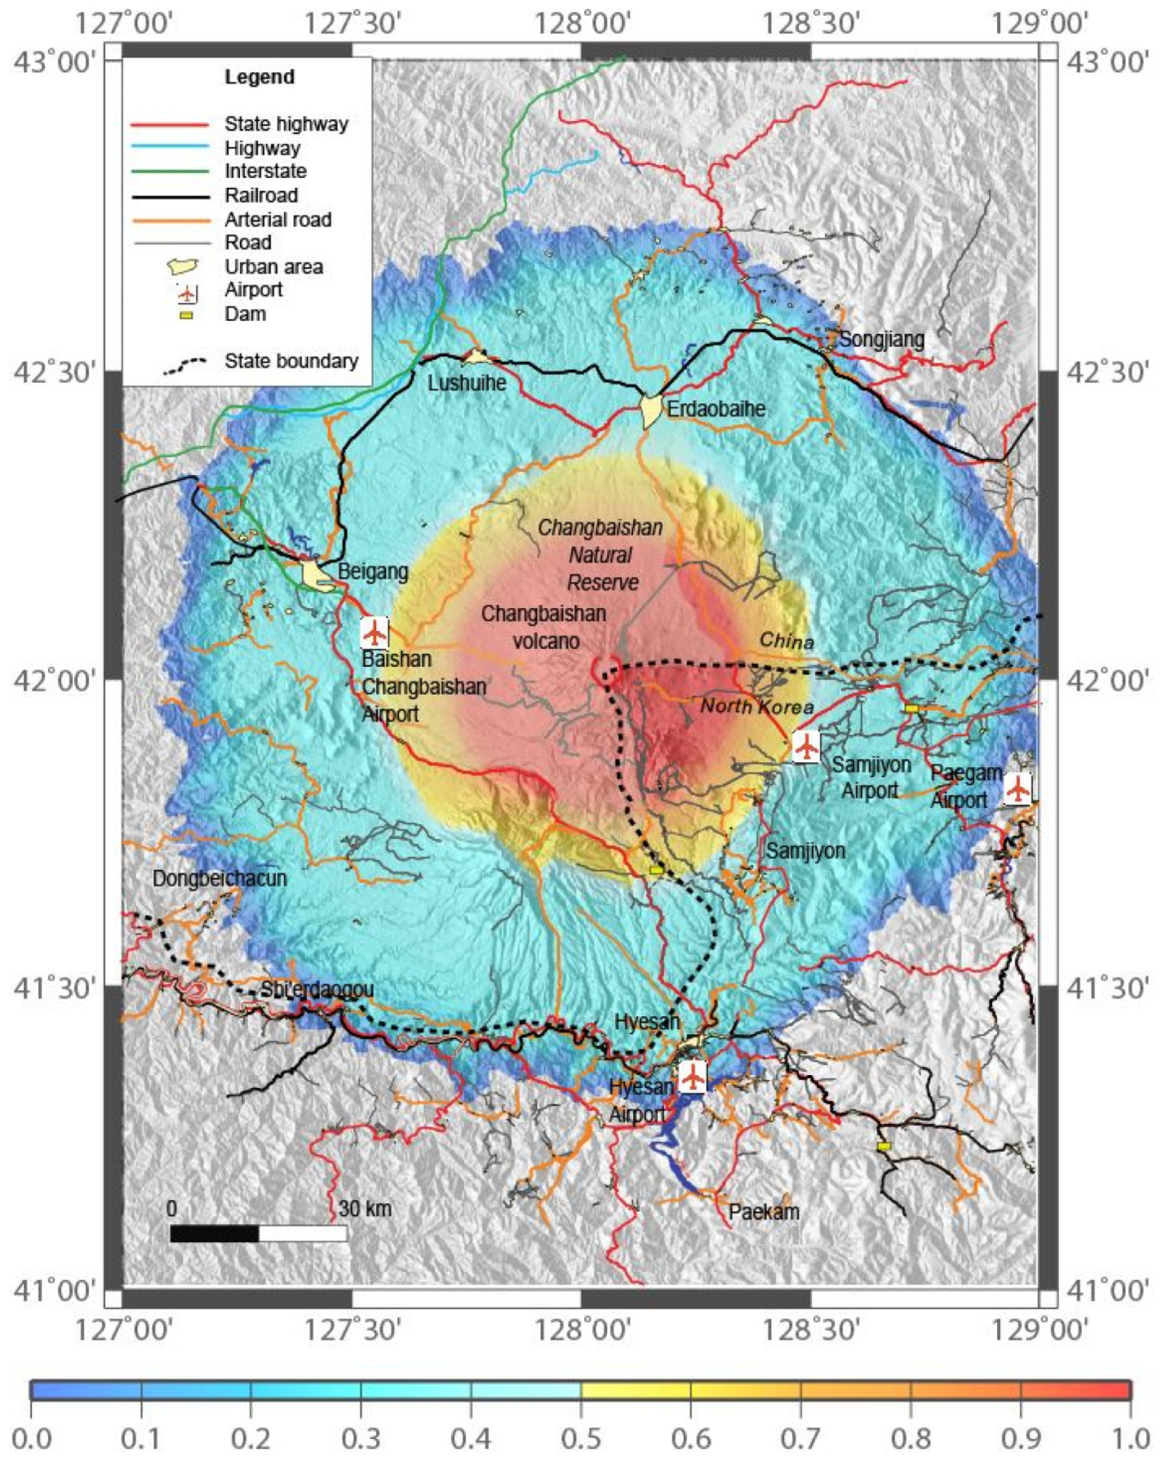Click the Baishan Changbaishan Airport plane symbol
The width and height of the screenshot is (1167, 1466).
coord(374,633)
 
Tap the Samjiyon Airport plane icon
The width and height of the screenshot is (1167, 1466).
coord(806,747)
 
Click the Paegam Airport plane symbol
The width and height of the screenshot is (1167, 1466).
coord(1017,789)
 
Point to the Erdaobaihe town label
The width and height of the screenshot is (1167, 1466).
coord(716,409)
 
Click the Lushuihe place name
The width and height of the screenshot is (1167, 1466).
coord(467,383)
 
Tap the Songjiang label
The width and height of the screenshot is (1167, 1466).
coord(882,339)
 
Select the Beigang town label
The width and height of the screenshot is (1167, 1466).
coord(373,571)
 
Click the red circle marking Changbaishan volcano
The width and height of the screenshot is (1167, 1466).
coord(605,670)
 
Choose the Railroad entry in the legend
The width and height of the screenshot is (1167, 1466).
coord(261,196)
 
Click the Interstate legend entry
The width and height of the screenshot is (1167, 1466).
coord(265,172)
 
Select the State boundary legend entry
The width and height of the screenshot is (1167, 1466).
coord(291,361)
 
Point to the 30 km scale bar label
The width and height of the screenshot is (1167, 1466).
coord(365,1208)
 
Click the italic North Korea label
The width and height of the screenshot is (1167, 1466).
coord(757,707)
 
